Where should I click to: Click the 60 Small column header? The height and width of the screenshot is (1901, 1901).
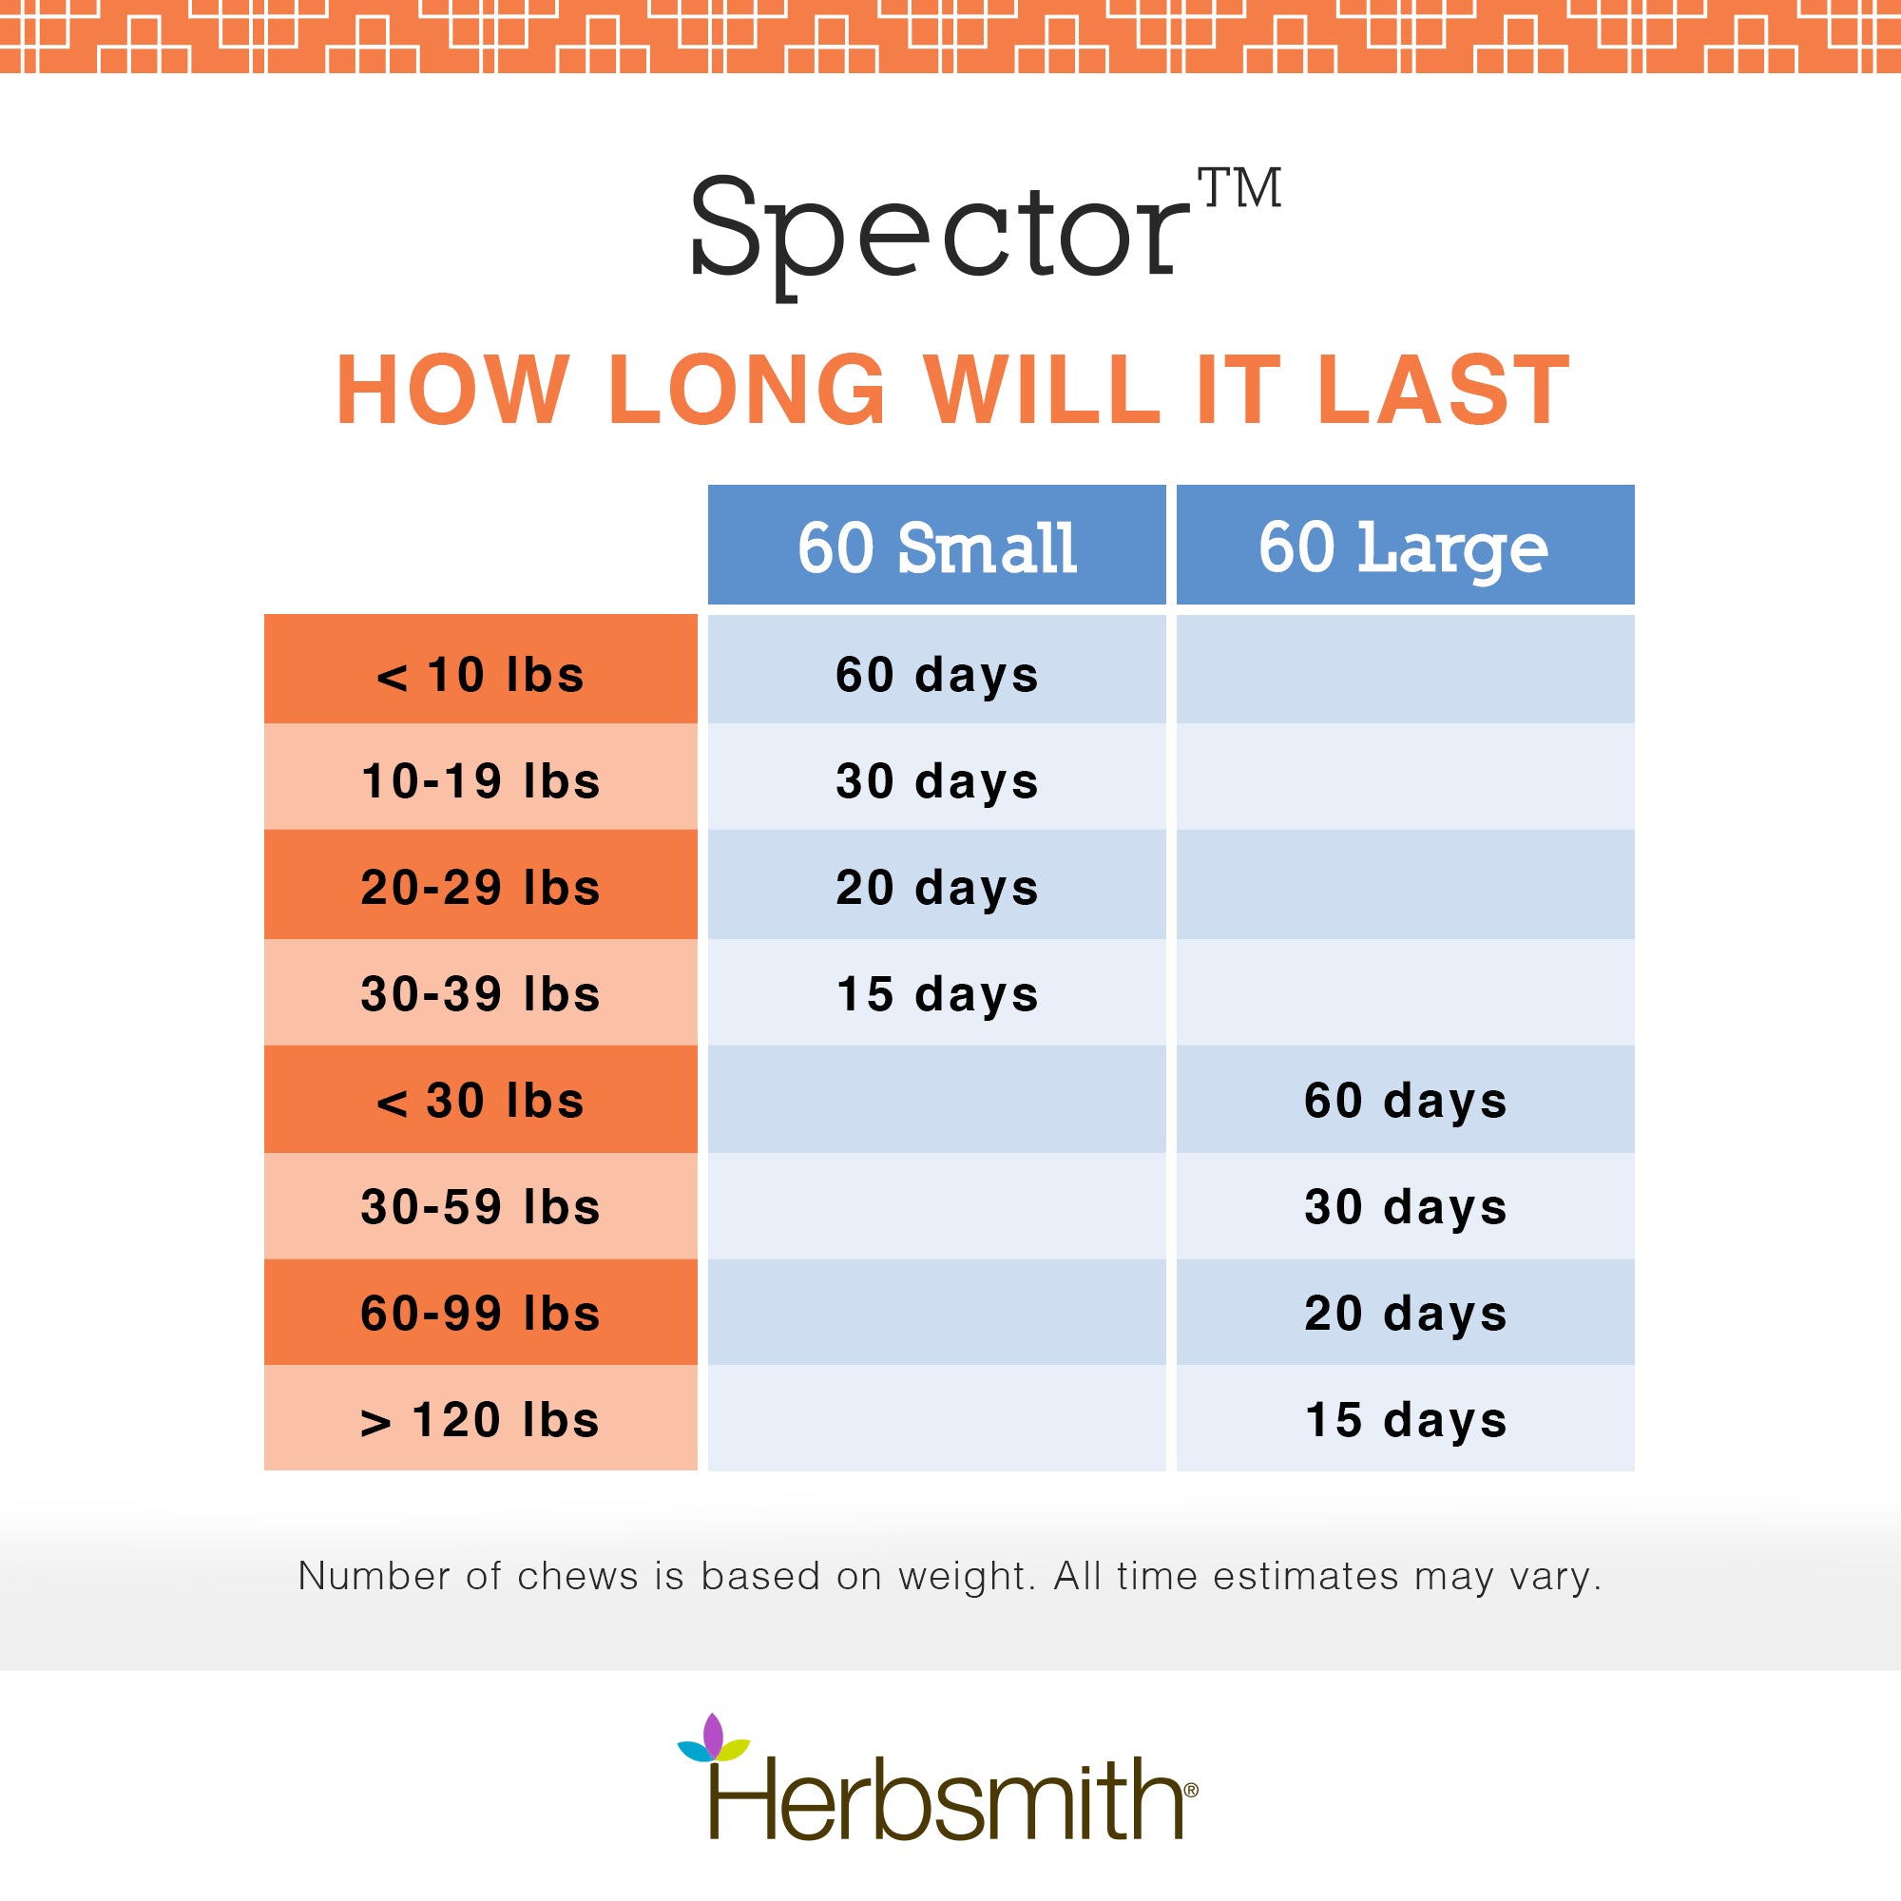point(937,544)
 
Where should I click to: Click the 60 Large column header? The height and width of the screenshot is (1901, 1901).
point(1405,544)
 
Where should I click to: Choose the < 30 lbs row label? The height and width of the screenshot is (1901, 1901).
point(480,1099)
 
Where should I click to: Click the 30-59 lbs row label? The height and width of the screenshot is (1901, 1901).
point(480,1206)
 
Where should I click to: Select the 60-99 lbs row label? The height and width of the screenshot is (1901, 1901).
point(480,1313)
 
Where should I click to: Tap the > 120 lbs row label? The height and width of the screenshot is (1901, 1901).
point(480,1418)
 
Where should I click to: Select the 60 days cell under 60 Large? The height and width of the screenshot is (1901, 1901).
point(1405,1099)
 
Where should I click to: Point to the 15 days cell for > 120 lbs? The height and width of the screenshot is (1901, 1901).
point(1405,1418)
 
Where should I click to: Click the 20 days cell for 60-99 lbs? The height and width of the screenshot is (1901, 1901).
point(1405,1313)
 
